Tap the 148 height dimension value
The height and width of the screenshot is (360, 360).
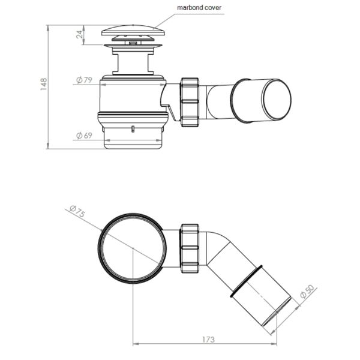(43, 84)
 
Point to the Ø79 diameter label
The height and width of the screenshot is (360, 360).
(83, 80)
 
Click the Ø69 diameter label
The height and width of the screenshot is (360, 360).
(83, 136)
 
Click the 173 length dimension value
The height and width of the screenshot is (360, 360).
(208, 340)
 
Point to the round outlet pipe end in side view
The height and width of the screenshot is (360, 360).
(276, 99)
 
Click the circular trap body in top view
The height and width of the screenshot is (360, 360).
(131, 247)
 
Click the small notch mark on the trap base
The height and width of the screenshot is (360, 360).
(131, 128)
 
